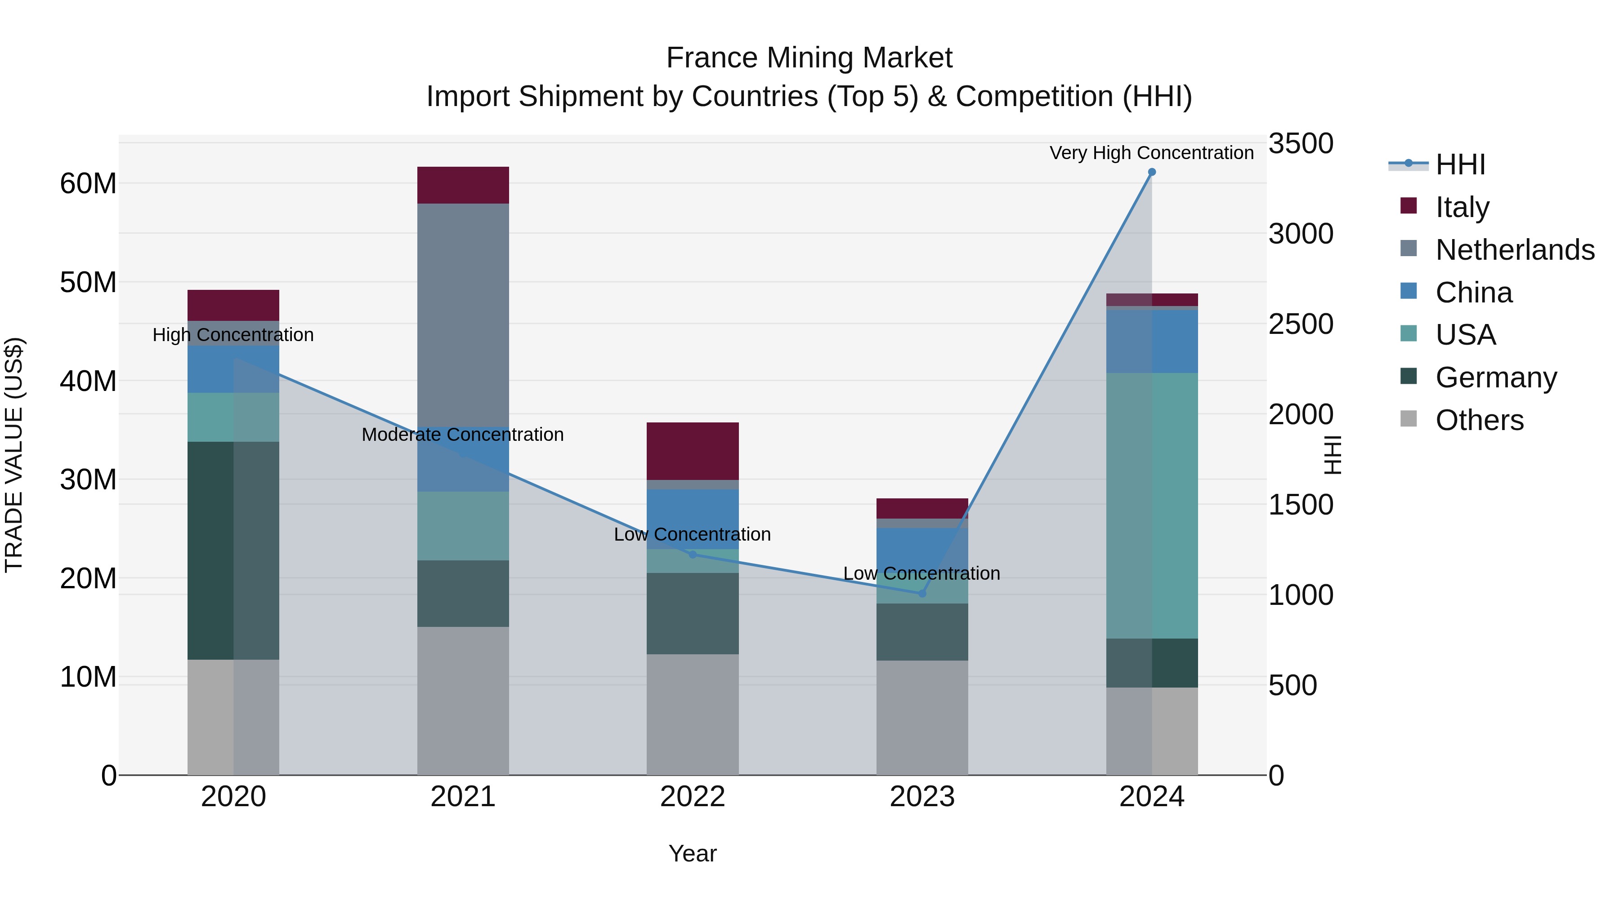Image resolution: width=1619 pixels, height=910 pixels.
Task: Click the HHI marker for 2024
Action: coord(1151,172)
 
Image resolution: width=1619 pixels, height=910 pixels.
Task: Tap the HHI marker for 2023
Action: coord(922,594)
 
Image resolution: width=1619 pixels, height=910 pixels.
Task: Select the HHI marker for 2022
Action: coord(693,555)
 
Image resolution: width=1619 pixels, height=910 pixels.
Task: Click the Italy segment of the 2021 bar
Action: coord(463,185)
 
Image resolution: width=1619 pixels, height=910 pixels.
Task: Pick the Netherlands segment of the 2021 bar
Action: coord(463,314)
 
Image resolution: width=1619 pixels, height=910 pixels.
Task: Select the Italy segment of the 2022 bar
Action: coord(693,451)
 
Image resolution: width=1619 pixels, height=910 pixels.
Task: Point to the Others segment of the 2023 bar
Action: coord(922,717)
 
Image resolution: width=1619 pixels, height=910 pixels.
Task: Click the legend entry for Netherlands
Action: coord(1515,250)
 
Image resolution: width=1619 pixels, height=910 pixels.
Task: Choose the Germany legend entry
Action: coord(1496,377)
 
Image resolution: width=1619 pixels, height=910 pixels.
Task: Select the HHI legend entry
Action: coord(1460,164)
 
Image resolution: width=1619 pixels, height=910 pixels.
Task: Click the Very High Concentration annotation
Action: coord(1151,153)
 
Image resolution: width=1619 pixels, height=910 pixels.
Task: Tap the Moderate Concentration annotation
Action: coord(463,435)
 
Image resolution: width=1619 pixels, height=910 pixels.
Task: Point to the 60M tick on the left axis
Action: coord(88,184)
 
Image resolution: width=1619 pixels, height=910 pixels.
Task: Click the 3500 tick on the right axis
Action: coord(1300,144)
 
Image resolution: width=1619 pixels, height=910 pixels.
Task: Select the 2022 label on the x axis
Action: coord(693,797)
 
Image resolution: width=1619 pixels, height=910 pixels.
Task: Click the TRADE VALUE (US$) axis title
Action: coord(14,455)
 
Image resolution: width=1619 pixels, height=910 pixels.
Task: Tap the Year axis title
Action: coord(693,853)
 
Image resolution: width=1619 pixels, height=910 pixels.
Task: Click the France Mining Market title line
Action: coord(809,58)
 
